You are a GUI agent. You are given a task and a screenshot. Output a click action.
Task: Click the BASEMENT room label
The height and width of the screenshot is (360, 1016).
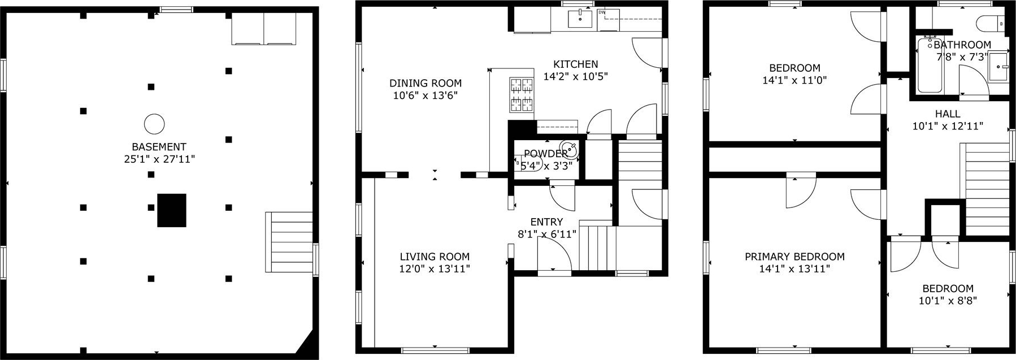point(159,147)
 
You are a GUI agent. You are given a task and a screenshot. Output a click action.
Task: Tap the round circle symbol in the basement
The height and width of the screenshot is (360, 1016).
point(154,123)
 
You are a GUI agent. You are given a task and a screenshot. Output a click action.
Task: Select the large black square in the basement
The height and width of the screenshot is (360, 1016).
point(172,210)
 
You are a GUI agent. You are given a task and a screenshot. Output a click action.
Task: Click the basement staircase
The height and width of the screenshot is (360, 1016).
point(289,242)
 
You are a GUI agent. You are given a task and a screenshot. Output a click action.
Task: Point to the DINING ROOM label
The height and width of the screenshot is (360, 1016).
point(425,83)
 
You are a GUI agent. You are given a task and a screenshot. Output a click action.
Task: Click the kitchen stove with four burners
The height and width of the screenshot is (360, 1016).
point(522,94)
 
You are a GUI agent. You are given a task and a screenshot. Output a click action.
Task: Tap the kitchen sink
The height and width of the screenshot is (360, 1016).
point(580,19)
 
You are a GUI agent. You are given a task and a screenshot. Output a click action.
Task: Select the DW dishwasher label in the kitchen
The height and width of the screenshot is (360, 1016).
point(602,12)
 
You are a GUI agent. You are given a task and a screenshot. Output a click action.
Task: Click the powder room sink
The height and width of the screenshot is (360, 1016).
point(572,151)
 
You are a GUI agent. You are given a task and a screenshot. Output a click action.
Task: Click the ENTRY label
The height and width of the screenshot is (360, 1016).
point(546,222)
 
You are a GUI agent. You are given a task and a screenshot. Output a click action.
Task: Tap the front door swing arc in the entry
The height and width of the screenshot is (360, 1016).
point(559,249)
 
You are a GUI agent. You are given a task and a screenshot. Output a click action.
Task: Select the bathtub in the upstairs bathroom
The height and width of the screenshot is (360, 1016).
point(930,65)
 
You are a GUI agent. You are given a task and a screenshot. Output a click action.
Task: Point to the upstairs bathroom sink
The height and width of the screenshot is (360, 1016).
point(999,67)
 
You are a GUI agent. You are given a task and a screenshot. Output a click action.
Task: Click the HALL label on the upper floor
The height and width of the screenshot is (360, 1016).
point(948,114)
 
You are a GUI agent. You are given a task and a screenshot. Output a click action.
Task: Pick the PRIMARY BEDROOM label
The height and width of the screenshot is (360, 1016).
point(794,257)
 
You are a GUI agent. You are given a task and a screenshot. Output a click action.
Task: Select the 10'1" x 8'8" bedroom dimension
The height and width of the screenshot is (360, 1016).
point(948,301)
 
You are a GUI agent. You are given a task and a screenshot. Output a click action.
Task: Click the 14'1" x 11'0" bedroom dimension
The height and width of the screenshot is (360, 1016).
point(794,80)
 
